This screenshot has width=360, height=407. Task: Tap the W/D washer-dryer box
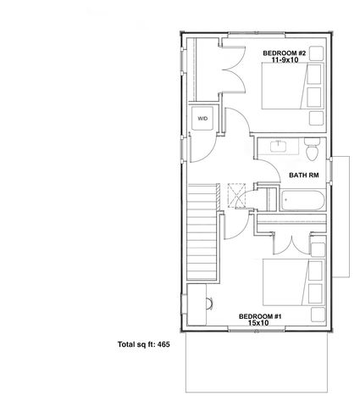pos(202,120)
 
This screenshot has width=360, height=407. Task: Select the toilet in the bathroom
pos(311,153)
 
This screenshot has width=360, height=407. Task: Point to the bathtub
pos(301,201)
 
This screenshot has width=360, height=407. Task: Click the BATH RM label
pos(303,176)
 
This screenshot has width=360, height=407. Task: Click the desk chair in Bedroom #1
pos(209,303)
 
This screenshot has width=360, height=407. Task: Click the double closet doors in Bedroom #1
pos(293,240)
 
